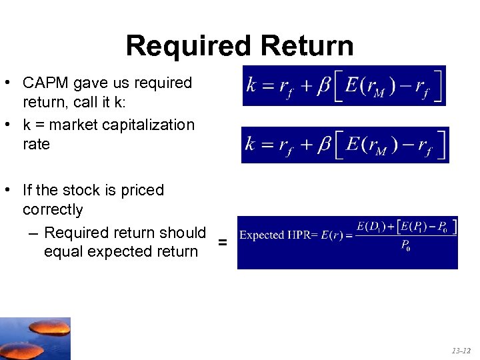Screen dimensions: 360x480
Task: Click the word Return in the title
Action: coord(307,46)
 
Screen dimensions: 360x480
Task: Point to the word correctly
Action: coord(53,210)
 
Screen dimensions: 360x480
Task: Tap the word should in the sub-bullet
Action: coord(181,233)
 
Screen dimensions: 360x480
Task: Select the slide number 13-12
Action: coord(461,350)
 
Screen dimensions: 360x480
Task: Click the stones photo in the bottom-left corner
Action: coord(35,339)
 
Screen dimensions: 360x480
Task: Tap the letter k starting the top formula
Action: coord(251,85)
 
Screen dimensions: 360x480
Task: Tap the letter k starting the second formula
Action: coord(251,145)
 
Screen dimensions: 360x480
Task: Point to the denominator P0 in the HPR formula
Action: coord(405,247)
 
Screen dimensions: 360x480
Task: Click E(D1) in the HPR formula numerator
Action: coord(369,227)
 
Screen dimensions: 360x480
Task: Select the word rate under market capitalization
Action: coord(36,144)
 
